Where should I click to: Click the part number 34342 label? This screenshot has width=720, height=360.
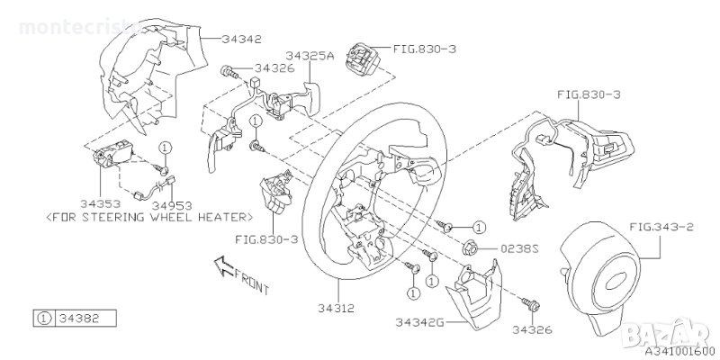[x=241, y=39]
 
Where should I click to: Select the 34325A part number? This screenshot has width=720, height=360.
[x=309, y=56]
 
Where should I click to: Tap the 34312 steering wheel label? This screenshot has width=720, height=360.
[x=337, y=308]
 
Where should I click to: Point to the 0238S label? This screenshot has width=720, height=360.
[x=519, y=249]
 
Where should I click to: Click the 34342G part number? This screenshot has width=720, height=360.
[x=419, y=322]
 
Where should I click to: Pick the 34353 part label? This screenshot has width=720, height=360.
[x=100, y=203]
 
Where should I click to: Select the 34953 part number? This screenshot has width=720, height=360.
[x=172, y=205]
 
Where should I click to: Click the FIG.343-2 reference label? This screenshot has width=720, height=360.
[x=661, y=227]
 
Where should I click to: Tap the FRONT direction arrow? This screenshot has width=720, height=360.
[x=224, y=266]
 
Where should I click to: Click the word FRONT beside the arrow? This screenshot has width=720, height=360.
[x=252, y=281]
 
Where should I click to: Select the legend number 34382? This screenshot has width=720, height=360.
[x=79, y=318]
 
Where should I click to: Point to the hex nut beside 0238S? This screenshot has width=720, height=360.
[x=470, y=248]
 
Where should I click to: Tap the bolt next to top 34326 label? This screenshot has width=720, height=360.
[x=229, y=72]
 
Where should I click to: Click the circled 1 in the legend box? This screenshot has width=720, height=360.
[x=43, y=319]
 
